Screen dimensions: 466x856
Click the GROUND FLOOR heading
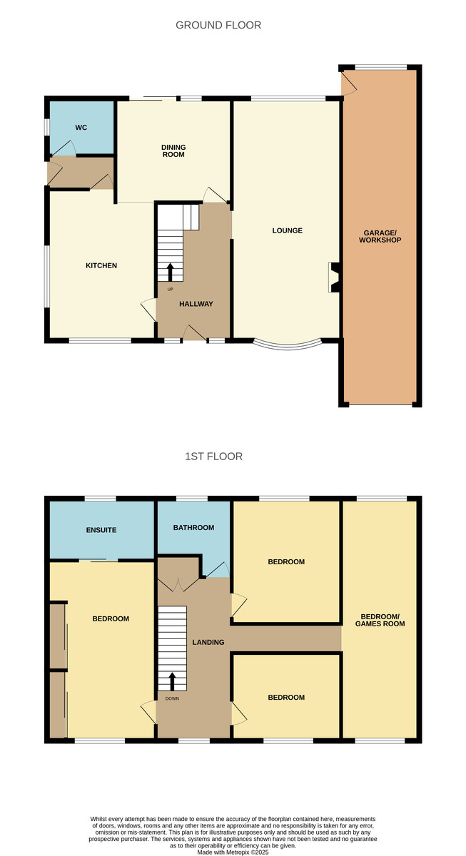point(218,25)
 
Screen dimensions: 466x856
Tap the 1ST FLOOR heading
point(213,457)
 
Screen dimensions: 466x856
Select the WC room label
point(81,128)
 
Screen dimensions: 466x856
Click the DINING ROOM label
point(173,151)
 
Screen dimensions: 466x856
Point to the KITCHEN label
point(101,265)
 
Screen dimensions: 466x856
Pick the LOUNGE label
point(287,230)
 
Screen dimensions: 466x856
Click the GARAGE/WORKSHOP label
point(380,237)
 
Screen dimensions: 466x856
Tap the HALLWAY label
point(196,304)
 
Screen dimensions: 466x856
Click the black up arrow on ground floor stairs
point(170,272)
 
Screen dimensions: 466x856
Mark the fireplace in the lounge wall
point(334,277)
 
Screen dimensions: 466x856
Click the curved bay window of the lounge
point(288,345)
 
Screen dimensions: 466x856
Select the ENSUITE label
point(101,530)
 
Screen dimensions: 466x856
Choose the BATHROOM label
point(193,528)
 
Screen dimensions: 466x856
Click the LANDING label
point(208,643)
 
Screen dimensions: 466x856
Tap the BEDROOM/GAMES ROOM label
point(380,620)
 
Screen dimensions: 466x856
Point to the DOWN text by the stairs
point(172,698)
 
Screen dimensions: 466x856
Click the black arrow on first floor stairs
point(172,681)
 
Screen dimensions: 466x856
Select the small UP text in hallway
point(170,290)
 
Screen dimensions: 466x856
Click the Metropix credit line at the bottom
point(233,852)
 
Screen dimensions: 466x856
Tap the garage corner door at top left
point(349,83)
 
